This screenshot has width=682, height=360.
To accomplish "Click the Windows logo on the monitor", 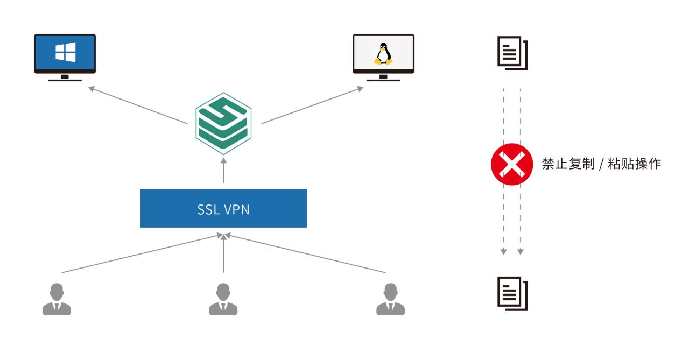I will [65, 52].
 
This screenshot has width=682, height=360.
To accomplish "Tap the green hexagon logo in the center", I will [223, 124].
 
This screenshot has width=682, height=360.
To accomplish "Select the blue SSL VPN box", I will [223, 208].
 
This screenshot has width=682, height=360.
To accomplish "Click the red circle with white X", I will [508, 164].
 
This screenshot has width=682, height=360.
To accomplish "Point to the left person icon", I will [57, 300].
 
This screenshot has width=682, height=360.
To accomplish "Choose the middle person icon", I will [223, 300].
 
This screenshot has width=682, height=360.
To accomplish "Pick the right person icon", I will [390, 300].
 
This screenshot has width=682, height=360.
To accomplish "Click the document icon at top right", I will [512, 53].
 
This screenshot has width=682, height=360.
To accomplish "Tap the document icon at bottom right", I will [512, 293].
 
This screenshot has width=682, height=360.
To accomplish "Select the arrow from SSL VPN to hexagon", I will [223, 172].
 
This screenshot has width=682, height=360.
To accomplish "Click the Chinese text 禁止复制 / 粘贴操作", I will [601, 164].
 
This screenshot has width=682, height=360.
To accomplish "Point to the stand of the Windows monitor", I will [65, 78].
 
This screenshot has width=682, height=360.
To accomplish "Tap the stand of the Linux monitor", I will [383, 78].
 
